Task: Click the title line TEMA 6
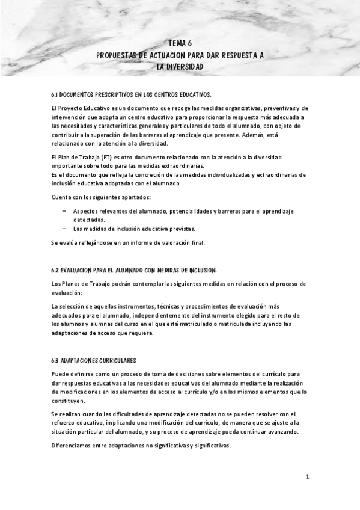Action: click(180, 43)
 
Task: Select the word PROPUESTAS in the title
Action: click(120, 55)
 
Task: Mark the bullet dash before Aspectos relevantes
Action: click(64, 211)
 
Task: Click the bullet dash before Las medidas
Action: click(64, 229)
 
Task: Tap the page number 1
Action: click(307, 477)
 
